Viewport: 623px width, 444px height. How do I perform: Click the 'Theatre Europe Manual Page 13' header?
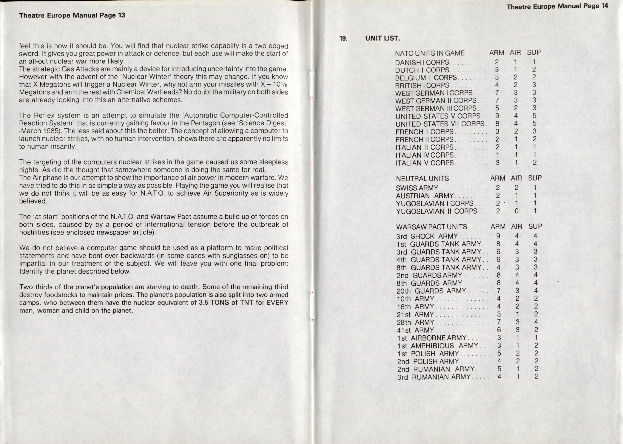(x=72, y=15)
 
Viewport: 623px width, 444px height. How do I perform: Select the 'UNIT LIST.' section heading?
(x=382, y=38)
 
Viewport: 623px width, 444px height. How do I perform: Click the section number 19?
(x=343, y=38)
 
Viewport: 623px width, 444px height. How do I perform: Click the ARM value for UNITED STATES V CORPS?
(x=497, y=116)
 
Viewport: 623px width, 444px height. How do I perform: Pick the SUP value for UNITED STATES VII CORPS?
(x=534, y=124)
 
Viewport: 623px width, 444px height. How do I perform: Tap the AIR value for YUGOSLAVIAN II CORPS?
(x=516, y=211)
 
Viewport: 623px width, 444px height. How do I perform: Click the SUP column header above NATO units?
(x=534, y=52)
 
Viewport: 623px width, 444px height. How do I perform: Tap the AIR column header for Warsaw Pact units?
(x=516, y=227)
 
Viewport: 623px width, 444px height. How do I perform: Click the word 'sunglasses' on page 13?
(x=239, y=256)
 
